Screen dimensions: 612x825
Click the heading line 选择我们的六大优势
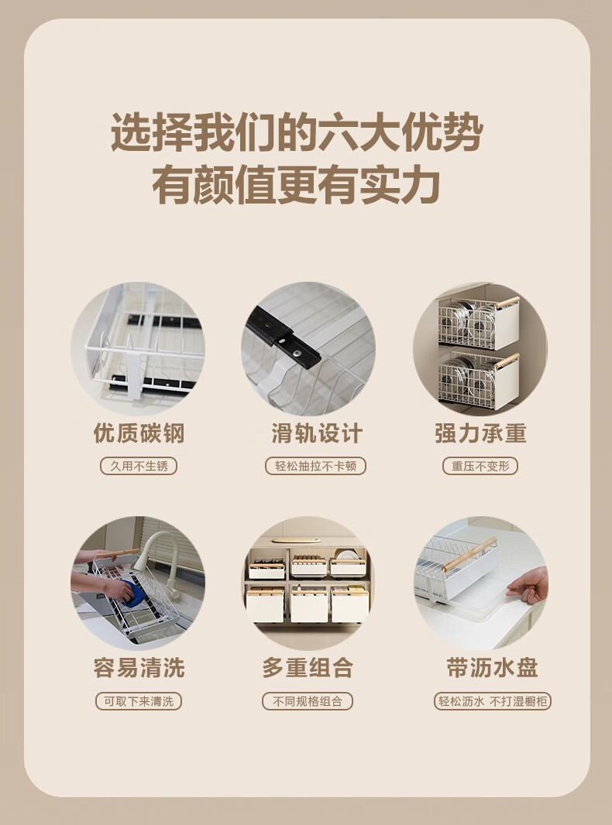pyautogui.click(x=297, y=133)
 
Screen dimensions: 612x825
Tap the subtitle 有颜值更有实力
pyautogui.click(x=297, y=185)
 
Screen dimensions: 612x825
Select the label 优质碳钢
pyautogui.click(x=139, y=433)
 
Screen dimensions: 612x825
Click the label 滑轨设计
pyautogui.click(x=317, y=433)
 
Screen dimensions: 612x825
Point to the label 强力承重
pyautogui.click(x=480, y=433)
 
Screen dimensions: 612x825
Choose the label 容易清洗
pyautogui.click(x=139, y=668)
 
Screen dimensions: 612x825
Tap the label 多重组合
pyautogui.click(x=308, y=668)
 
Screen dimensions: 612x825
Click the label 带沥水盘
pyautogui.click(x=492, y=668)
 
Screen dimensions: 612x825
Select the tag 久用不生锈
pyautogui.click(x=139, y=466)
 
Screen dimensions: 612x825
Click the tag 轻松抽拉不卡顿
pyautogui.click(x=315, y=466)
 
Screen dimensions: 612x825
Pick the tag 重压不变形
pyautogui.click(x=480, y=466)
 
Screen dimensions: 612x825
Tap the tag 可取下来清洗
pyautogui.click(x=139, y=701)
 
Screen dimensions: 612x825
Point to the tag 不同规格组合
pyautogui.click(x=308, y=701)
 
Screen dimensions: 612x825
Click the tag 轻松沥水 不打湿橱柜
pyautogui.click(x=493, y=701)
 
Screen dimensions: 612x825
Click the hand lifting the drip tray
pyautogui.click(x=528, y=586)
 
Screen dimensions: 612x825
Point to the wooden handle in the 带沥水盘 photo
pyautogui.click(x=469, y=554)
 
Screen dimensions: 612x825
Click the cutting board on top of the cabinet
pyautogui.click(x=297, y=540)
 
